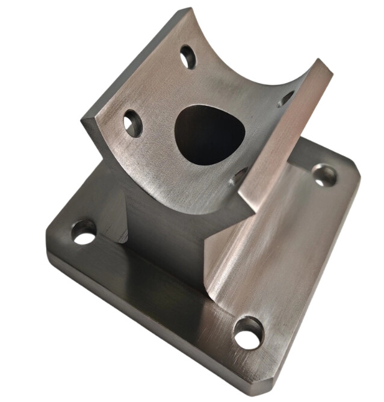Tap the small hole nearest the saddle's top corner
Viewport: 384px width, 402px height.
188,57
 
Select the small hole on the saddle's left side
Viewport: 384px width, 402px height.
132,123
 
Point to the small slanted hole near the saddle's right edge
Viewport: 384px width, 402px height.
286,98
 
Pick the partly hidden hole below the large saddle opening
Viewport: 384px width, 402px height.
239,176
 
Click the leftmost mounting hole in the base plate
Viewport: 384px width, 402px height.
84,232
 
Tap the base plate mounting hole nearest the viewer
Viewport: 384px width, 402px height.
249,333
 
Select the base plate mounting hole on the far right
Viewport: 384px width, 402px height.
325,174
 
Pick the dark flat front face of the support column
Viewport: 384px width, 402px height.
163,241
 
